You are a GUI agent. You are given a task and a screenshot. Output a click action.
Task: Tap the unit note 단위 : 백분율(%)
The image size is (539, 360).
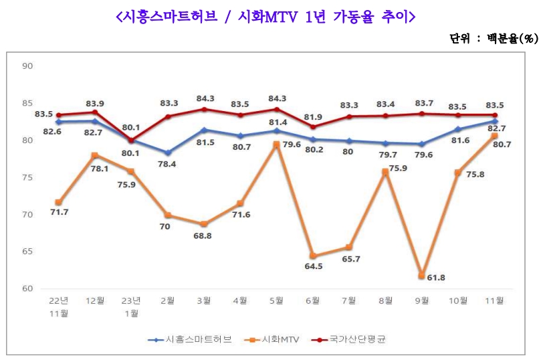tap(493, 39)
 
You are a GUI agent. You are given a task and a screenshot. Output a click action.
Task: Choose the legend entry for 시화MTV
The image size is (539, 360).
tap(278, 339)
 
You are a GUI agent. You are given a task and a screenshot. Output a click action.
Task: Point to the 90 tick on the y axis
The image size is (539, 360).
tap(27, 66)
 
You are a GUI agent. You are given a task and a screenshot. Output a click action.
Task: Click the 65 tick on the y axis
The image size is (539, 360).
tap(27, 252)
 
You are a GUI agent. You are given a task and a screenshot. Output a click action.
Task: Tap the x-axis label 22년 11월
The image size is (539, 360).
tap(59, 306)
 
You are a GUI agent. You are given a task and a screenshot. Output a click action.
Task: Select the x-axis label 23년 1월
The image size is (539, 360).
tap(131, 306)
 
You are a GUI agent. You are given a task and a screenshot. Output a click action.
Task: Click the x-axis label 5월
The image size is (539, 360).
tap(276, 302)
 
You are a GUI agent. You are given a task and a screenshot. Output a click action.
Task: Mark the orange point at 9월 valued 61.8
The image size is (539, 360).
tap(421, 276)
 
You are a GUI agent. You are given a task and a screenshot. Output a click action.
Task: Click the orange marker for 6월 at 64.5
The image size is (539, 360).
tap(312, 256)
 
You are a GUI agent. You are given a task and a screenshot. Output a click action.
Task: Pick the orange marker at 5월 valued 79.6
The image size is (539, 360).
tap(276, 144)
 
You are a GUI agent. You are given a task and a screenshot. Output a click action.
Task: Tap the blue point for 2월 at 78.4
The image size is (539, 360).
tap(167, 153)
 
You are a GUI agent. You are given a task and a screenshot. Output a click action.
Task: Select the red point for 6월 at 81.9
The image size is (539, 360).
tap(312, 126)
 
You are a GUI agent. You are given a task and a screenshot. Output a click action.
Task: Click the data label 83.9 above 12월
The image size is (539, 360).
tap(96, 103)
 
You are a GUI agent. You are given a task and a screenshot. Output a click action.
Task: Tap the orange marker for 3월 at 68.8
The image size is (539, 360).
tap(204, 224)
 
